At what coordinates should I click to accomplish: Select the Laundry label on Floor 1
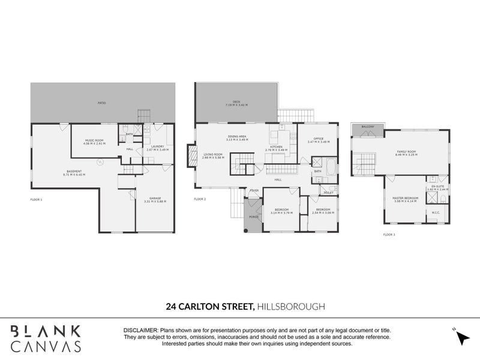point(158,147)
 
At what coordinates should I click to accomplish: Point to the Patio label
point(102,103)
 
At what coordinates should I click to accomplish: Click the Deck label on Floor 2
point(236,103)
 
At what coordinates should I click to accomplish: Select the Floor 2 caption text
point(200,199)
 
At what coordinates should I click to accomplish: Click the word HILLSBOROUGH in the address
point(290,307)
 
